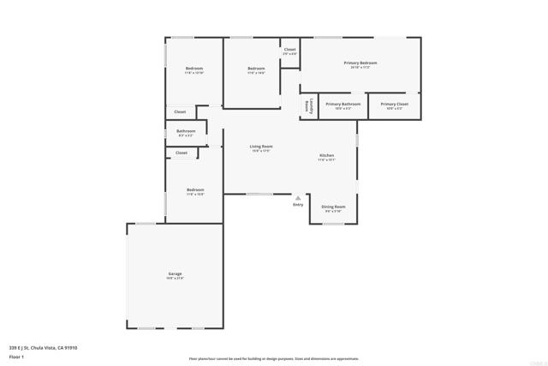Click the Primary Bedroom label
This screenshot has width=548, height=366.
(360, 63)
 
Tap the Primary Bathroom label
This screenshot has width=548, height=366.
(342, 104)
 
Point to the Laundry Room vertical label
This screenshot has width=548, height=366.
(308, 106)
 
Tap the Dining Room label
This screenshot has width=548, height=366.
(333, 207)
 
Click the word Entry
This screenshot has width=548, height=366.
(298, 205)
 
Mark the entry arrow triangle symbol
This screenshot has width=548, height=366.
(298, 197)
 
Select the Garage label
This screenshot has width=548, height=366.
(175, 273)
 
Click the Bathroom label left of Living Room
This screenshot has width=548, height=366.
(186, 131)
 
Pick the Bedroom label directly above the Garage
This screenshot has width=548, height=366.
(195, 189)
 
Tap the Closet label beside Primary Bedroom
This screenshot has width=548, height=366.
(289, 50)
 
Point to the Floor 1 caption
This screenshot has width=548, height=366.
(16, 356)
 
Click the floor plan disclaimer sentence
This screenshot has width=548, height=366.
(274, 359)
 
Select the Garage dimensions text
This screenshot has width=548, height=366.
(175, 279)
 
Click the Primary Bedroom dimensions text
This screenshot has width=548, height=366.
(360, 68)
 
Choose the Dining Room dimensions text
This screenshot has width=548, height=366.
(333, 212)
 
